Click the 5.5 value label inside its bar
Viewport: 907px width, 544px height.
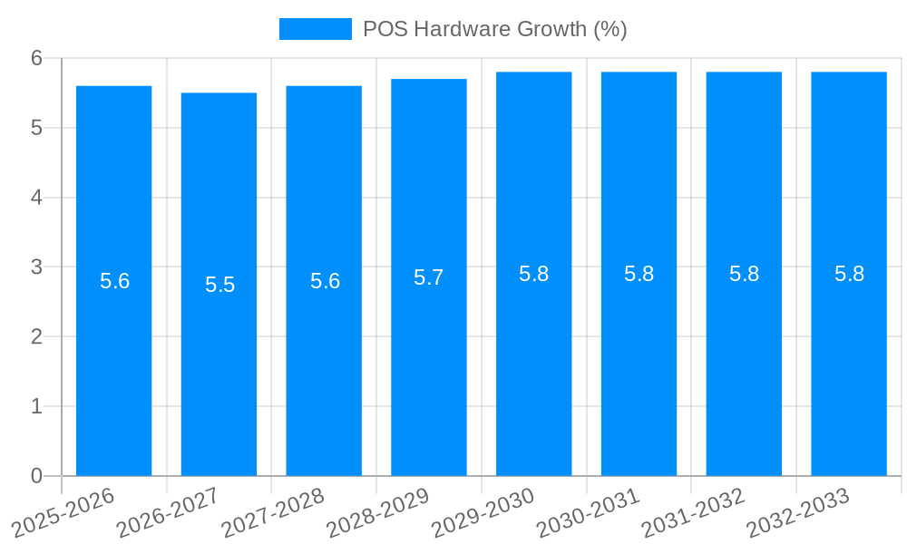click(x=219, y=285)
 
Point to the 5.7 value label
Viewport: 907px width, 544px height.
click(x=429, y=277)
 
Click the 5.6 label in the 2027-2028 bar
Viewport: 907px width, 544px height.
click(x=325, y=281)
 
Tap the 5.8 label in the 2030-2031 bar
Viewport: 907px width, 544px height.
click(x=639, y=274)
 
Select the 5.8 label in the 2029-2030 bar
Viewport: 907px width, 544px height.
click(x=534, y=274)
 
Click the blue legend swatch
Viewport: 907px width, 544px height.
click(x=315, y=29)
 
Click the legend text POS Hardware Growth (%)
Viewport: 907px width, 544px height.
click(x=494, y=29)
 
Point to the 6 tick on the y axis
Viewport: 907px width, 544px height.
click(x=37, y=58)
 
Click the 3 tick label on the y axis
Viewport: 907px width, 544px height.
click(x=37, y=267)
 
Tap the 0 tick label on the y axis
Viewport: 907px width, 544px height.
click(x=37, y=476)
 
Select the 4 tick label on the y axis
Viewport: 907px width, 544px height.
click(x=37, y=198)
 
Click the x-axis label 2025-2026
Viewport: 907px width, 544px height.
click(x=64, y=512)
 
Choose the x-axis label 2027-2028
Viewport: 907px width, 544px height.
click(x=274, y=512)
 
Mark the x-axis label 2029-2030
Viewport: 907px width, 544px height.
click(x=484, y=512)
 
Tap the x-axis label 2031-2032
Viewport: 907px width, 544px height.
click(x=694, y=512)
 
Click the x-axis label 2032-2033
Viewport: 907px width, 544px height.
click(x=799, y=512)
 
